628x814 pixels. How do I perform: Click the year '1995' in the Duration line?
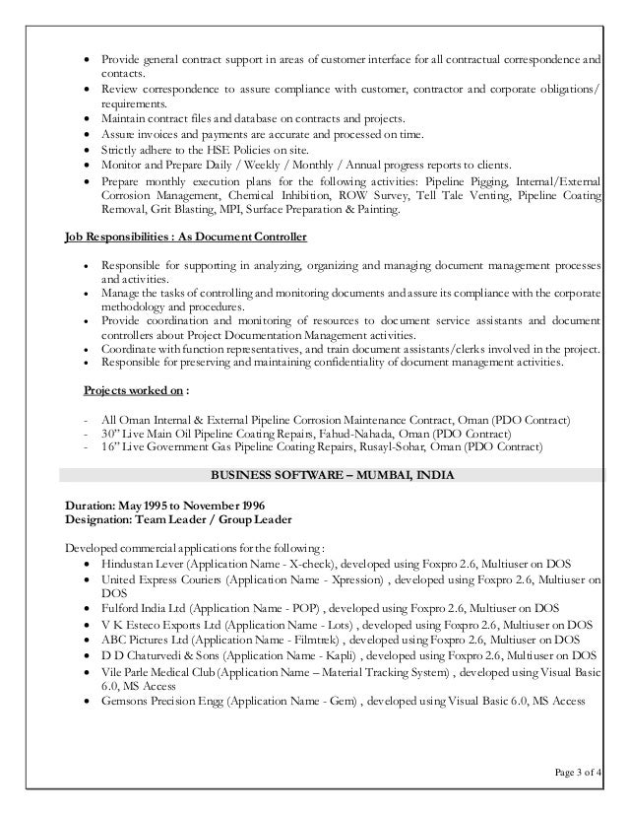157,506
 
